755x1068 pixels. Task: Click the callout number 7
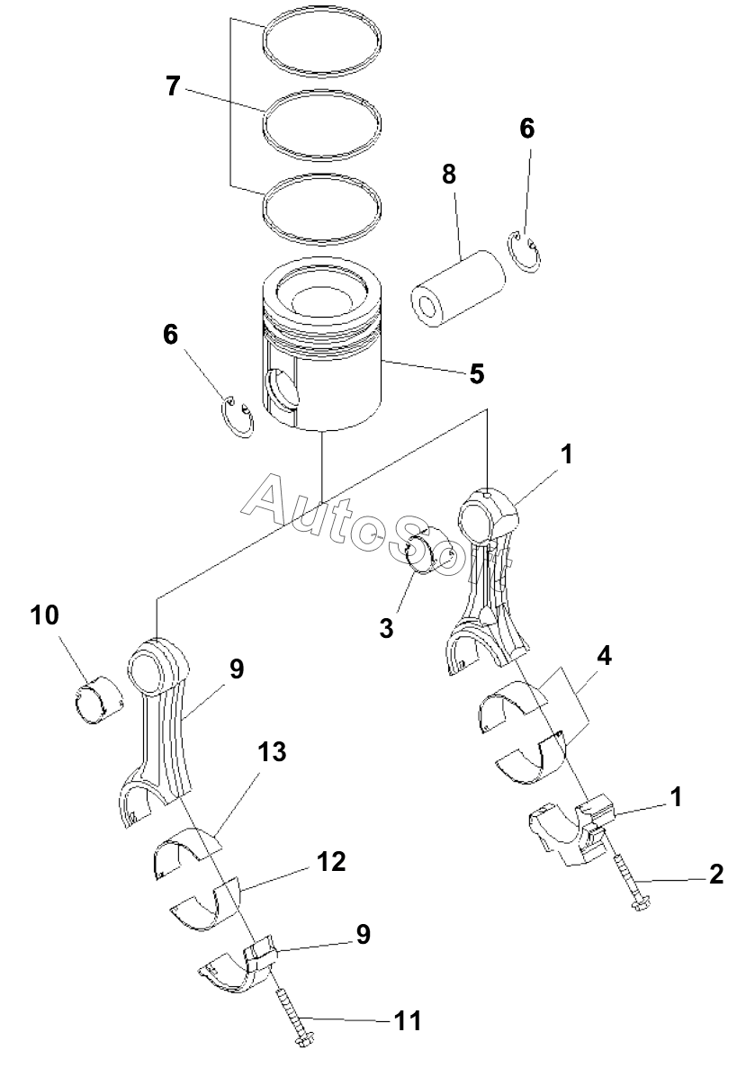173,86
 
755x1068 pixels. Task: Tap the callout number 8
448,175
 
